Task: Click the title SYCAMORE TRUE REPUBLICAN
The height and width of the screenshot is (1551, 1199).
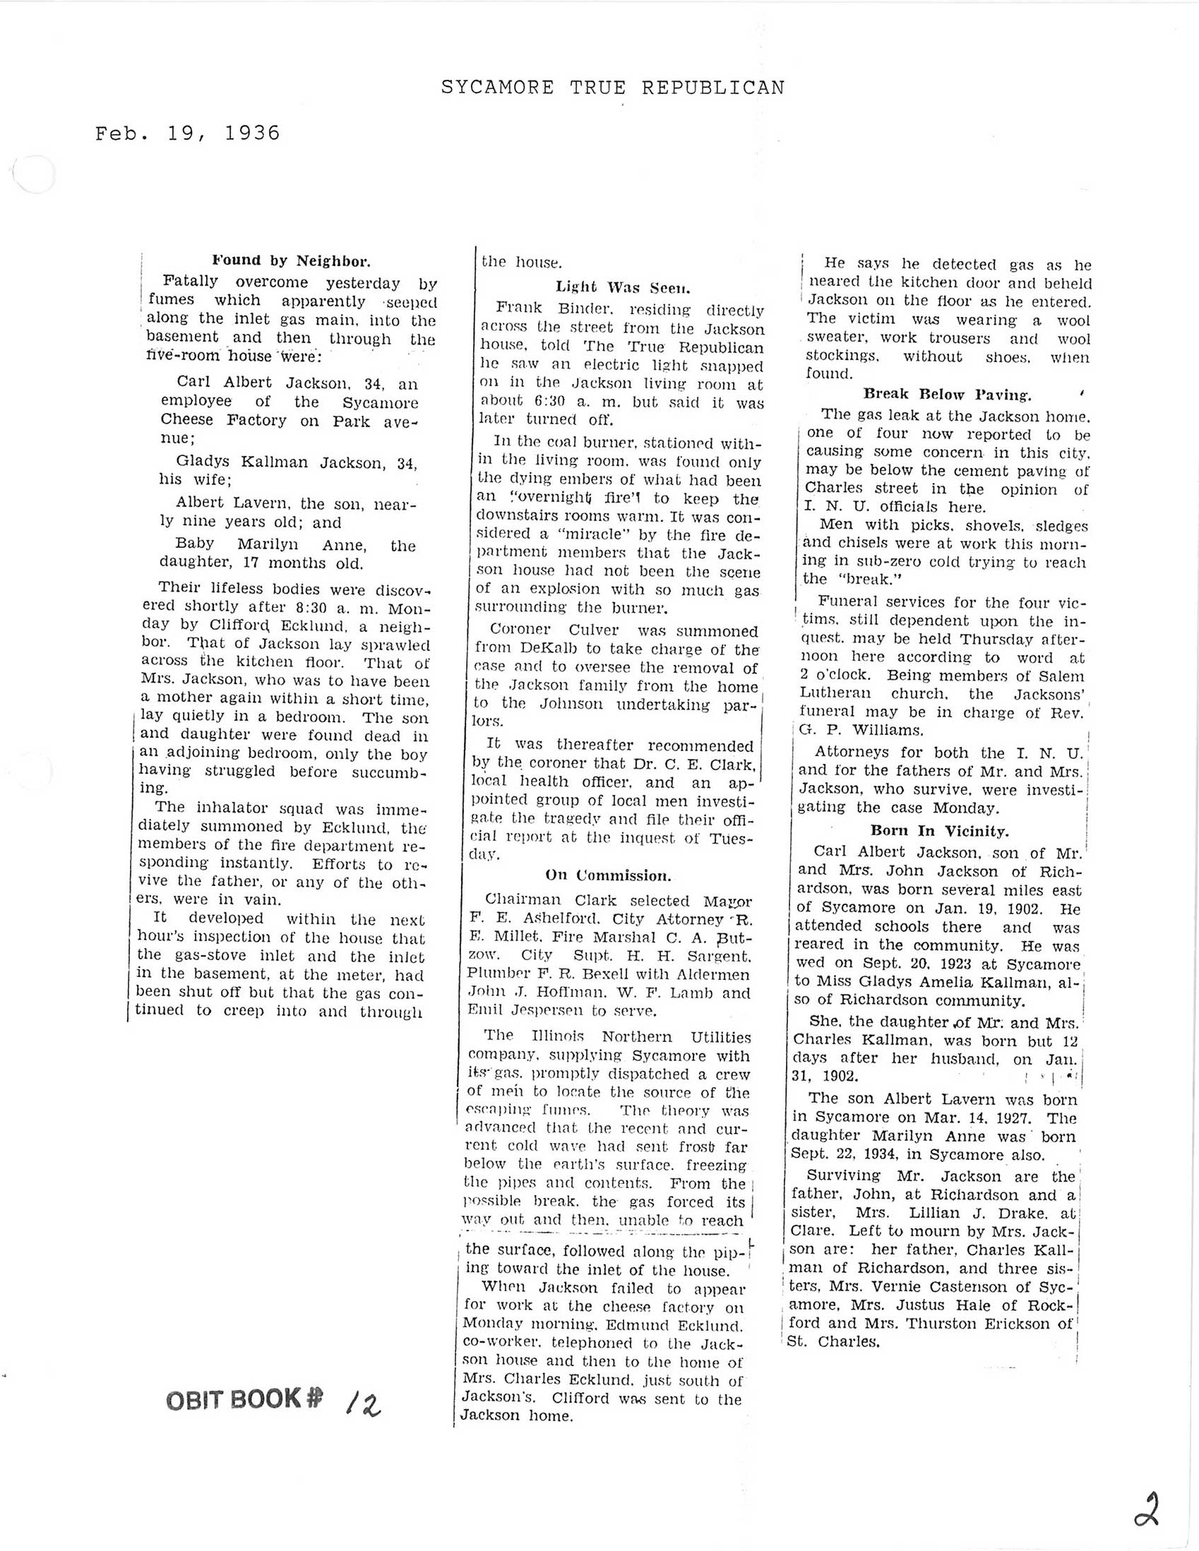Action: [x=612, y=88]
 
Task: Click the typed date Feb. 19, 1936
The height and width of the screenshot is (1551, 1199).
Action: [x=188, y=133]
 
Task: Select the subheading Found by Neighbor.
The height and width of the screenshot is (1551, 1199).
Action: [x=291, y=260]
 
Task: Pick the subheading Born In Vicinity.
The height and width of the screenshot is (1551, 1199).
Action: [x=939, y=830]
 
